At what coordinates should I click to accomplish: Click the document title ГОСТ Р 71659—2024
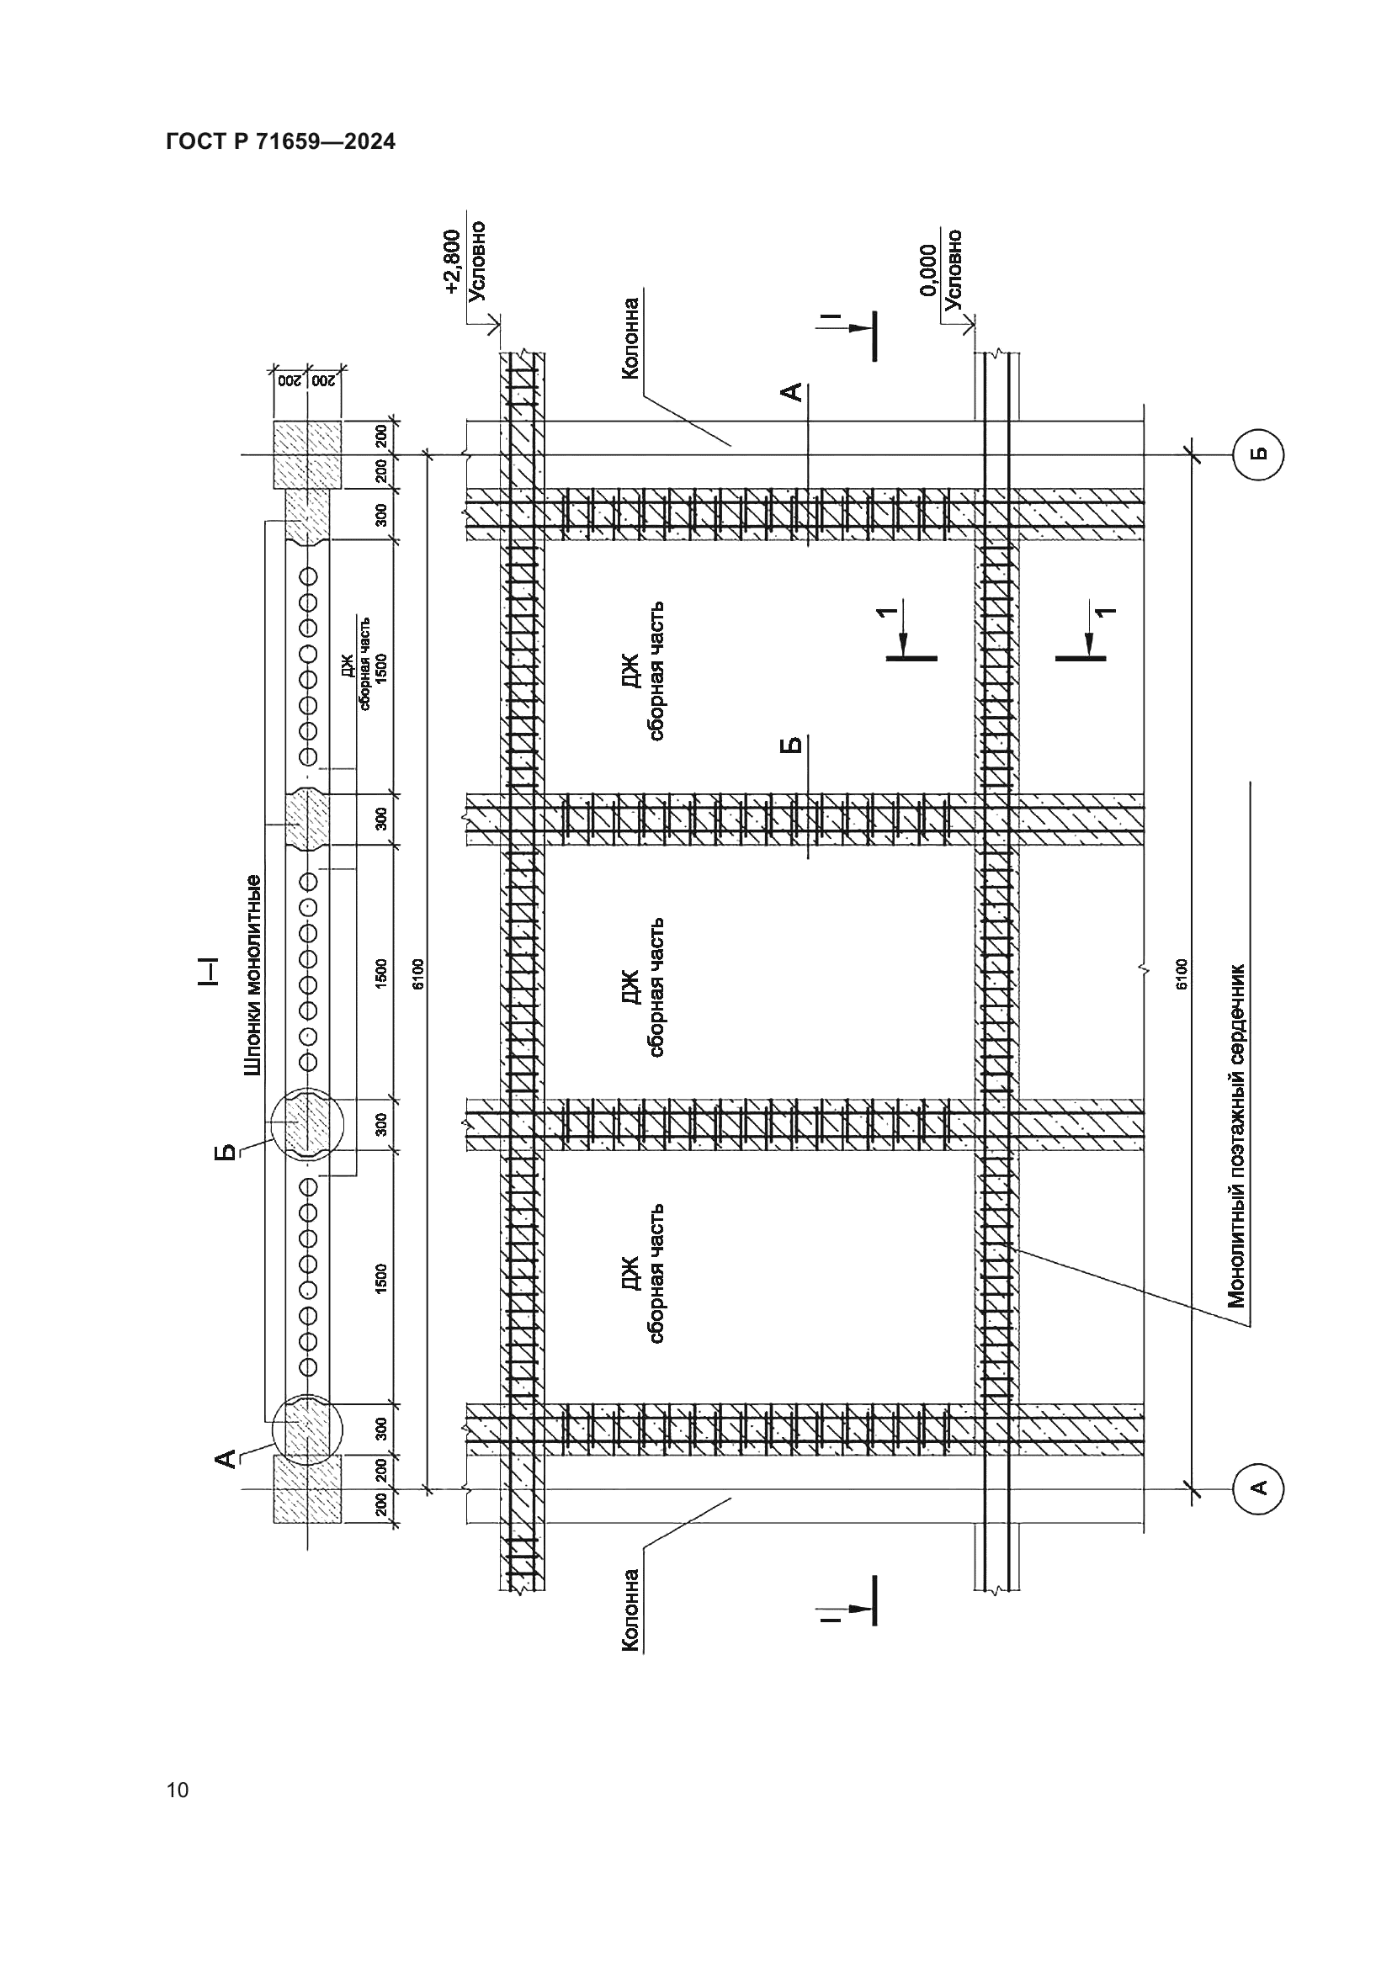(280, 142)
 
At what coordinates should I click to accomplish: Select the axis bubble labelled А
(1257, 1488)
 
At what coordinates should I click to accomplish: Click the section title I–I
(208, 971)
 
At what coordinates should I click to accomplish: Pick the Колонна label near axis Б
(632, 337)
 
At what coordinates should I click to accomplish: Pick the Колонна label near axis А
(632, 1610)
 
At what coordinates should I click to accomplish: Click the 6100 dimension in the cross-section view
(418, 973)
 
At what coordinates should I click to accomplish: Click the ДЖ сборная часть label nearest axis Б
(644, 671)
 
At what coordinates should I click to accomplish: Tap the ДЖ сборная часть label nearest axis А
(644, 1273)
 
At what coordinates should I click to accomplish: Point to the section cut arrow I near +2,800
(857, 332)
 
